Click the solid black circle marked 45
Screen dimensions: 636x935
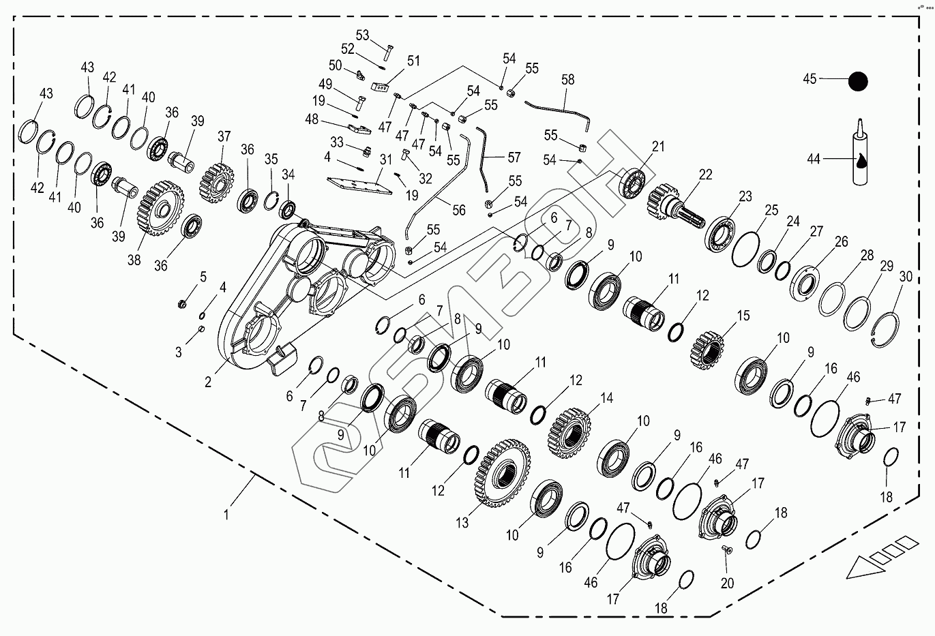point(857,82)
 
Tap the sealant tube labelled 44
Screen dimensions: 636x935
point(861,158)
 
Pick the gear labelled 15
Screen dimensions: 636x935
point(707,350)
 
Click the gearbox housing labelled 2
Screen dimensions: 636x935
point(307,293)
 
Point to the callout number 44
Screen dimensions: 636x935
point(813,159)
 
